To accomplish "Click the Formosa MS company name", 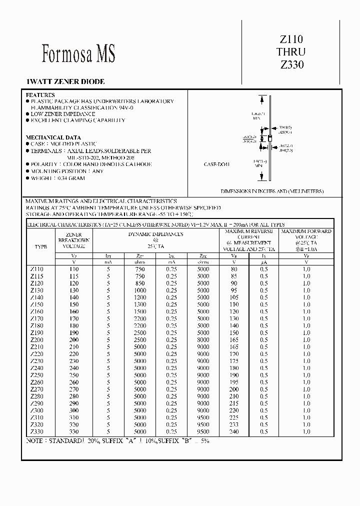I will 78,54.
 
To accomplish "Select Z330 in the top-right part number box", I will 291,64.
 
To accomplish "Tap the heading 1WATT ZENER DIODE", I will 65,81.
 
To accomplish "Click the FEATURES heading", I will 40,94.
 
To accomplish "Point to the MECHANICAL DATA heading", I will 53,137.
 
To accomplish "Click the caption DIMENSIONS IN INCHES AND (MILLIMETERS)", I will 272,191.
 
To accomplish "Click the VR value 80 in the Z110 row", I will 234,269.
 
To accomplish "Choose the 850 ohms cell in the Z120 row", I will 140,283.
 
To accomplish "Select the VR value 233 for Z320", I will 234,424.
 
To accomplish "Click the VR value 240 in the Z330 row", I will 234,431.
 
